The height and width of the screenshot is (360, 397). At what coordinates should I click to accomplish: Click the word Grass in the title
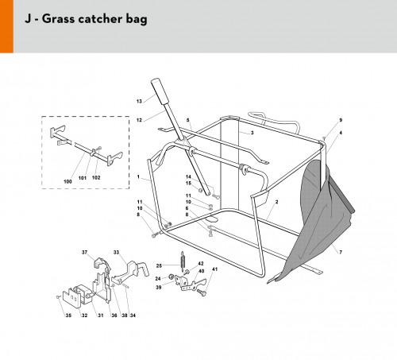point(60,19)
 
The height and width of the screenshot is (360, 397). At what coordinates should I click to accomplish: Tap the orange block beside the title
point(6,26)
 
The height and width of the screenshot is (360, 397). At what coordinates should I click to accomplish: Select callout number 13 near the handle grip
point(139,101)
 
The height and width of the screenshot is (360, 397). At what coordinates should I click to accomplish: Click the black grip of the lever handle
point(160,91)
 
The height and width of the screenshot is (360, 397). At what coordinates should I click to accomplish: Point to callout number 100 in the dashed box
point(67,181)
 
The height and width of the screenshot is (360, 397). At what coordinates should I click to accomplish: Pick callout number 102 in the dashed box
point(96,178)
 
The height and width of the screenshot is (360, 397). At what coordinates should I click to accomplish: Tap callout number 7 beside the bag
point(341,252)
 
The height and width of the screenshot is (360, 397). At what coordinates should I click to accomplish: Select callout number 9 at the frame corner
point(341,120)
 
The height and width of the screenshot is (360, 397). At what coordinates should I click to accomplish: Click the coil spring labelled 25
point(182,261)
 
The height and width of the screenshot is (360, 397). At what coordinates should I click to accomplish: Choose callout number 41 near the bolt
point(215,269)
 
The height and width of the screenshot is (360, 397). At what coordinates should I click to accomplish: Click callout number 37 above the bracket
point(84,252)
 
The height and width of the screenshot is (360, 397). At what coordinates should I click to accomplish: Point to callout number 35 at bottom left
point(68,315)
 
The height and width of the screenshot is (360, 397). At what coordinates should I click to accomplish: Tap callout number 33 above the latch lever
point(117,252)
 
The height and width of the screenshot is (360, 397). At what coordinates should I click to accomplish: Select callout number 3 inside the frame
point(252,133)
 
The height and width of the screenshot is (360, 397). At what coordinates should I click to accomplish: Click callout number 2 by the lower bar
point(277,202)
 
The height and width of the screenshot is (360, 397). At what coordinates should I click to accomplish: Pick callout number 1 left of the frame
point(138,176)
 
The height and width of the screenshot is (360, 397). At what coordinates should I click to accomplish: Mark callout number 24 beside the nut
point(158,278)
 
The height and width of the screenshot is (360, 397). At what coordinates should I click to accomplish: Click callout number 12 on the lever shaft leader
point(139,120)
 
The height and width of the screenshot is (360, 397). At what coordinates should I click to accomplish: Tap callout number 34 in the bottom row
point(133,315)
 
